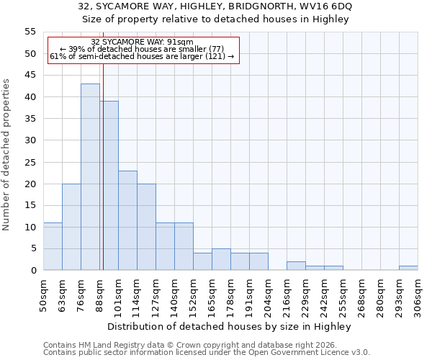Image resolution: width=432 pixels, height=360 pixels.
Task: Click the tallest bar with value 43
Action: tap(90, 177)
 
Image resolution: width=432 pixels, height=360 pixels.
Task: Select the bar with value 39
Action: tap(109, 186)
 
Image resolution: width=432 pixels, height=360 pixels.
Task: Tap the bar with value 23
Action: tap(127, 220)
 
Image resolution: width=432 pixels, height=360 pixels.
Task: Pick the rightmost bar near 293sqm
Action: tap(408, 268)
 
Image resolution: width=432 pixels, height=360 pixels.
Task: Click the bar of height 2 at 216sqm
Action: tap(296, 266)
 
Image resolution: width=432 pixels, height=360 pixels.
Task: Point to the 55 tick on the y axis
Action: tap(30, 32)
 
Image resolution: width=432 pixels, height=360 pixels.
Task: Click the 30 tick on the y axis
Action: tap(30, 140)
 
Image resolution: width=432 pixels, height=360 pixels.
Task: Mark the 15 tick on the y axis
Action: tap(30, 205)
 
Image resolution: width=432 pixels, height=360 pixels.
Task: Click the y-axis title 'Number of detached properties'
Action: tap(7, 155)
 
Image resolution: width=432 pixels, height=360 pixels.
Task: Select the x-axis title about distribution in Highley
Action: tap(233, 327)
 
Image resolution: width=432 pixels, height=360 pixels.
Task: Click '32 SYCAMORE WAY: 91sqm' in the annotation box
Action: tap(143, 42)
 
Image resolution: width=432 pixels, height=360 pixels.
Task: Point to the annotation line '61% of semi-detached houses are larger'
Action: tap(142, 56)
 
